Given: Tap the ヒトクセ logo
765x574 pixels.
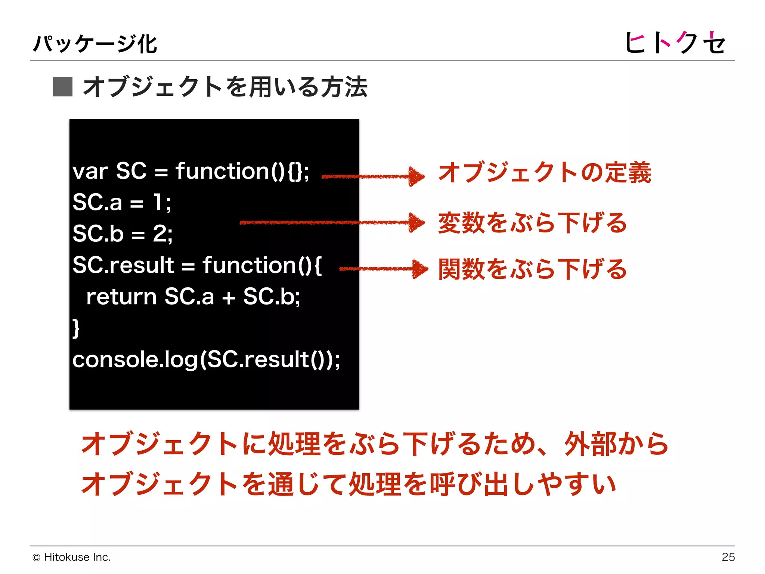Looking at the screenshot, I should [675, 42].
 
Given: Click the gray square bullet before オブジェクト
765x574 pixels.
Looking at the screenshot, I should [62, 87].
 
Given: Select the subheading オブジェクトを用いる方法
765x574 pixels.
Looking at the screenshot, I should [225, 87].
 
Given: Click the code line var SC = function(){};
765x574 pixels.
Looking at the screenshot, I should [191, 172].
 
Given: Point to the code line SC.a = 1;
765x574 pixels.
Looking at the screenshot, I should [122, 203].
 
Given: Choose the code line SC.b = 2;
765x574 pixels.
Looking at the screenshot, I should [123, 234].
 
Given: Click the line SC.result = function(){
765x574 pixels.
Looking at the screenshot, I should [197, 265].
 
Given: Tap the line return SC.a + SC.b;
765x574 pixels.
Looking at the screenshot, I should [193, 297].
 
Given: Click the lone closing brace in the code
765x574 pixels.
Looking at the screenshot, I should [76, 328].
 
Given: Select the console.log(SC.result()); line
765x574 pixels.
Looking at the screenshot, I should [206, 359].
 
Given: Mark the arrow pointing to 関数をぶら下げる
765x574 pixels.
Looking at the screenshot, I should [383, 269].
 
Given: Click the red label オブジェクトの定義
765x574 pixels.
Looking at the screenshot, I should [545, 173].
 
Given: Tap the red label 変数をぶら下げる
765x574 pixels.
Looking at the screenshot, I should [532, 223].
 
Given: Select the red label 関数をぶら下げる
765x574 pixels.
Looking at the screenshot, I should [532, 269].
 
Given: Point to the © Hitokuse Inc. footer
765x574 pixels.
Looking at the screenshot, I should [72, 557].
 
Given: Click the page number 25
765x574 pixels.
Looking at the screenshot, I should [728, 557].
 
